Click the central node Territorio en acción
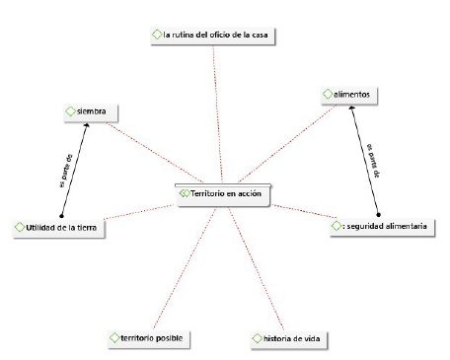pyautogui.click(x=223, y=194)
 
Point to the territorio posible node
pyautogui.click(x=146, y=338)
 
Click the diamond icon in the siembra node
pyautogui.click(x=69, y=110)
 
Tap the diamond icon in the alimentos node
pyautogui.click(x=330, y=94)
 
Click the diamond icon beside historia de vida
pyautogui.click(x=257, y=339)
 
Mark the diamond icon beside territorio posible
pyautogui.click(x=114, y=338)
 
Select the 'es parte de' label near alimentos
pyautogui.click(x=371, y=158)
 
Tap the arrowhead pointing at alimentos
pyautogui.click(x=352, y=108)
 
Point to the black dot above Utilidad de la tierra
pyautogui.click(x=61, y=215)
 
